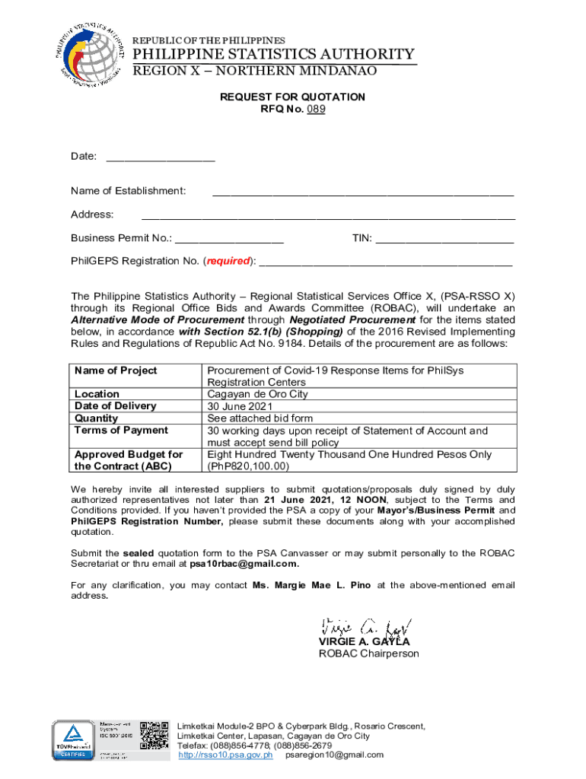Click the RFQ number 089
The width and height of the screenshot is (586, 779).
pyautogui.click(x=316, y=110)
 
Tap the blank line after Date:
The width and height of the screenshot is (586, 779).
pyautogui.click(x=161, y=159)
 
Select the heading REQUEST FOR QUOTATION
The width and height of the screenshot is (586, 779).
pyautogui.click(x=292, y=97)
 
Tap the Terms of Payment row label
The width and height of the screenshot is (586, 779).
pyautogui.click(x=121, y=431)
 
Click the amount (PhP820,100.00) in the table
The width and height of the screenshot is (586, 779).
pyautogui.click(x=248, y=466)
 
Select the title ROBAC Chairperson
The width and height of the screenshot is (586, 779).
pyautogui.click(x=368, y=653)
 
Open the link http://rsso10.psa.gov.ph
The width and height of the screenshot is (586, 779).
pyautogui.click(x=225, y=755)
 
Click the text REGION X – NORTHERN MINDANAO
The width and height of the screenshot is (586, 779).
pyautogui.click(x=255, y=71)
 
